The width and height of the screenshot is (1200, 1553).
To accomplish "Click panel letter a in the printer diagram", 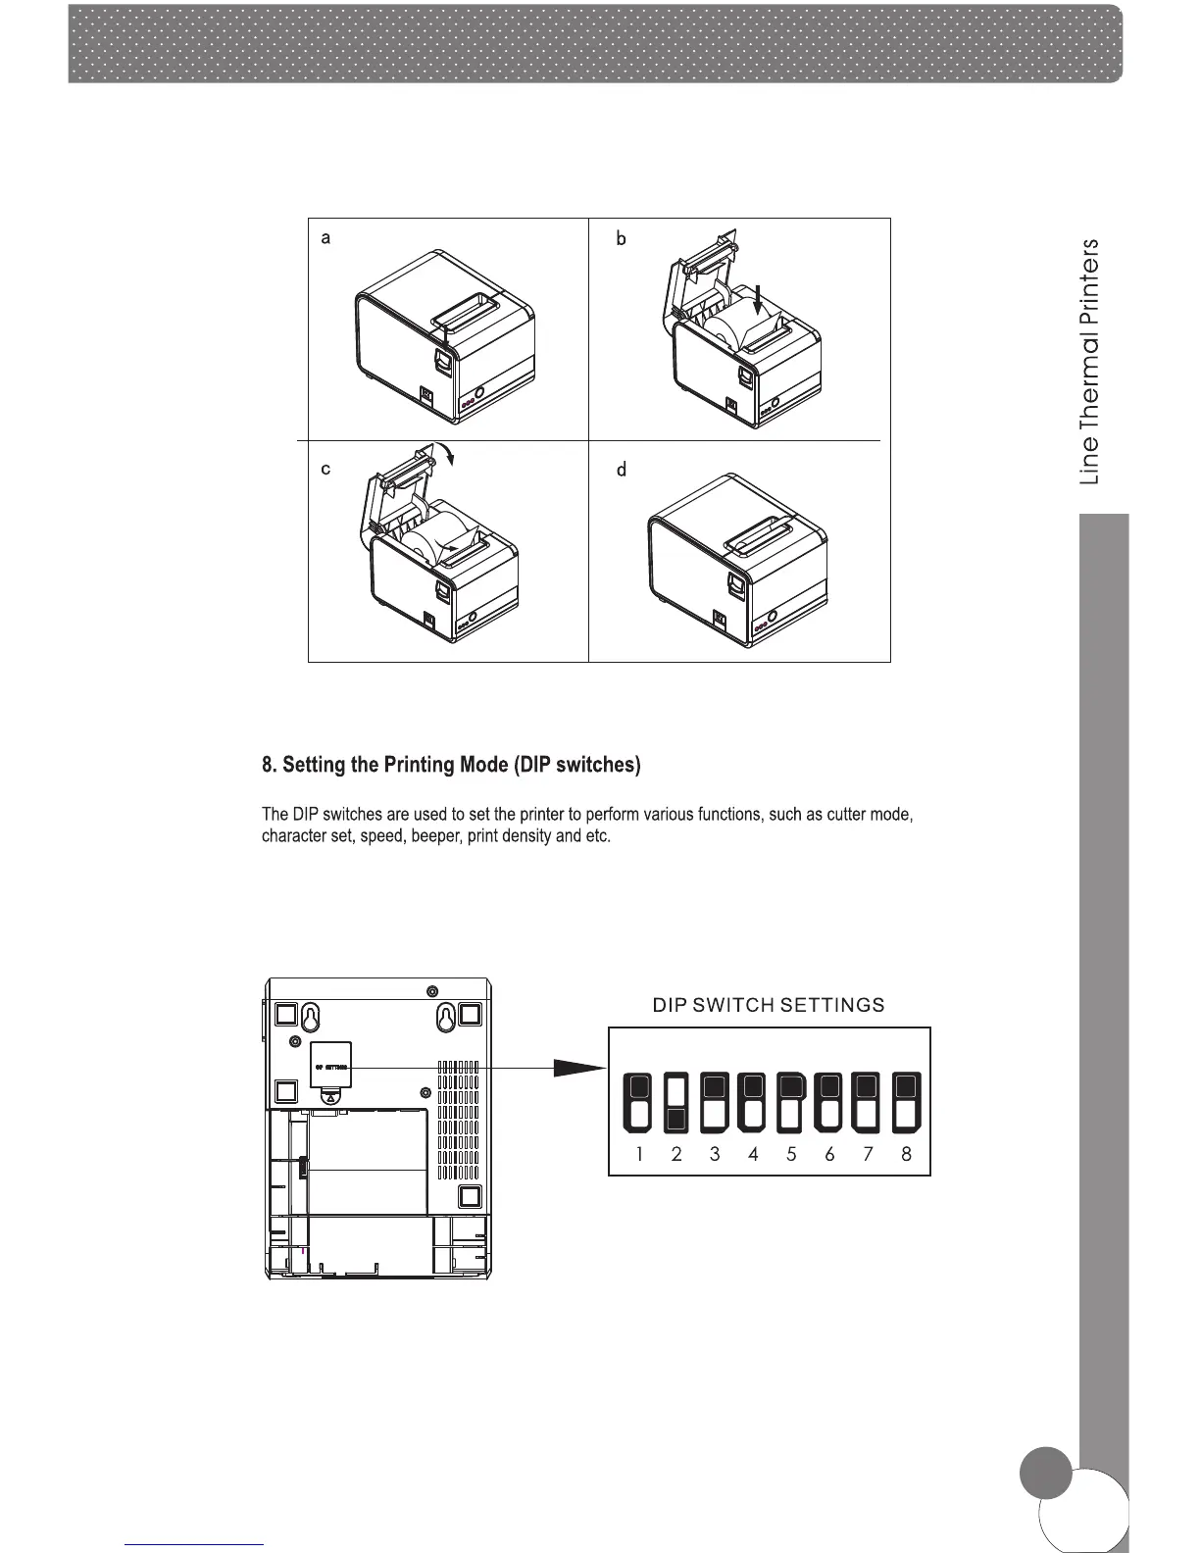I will (325, 238).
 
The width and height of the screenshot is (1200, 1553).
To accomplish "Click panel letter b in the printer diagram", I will (621, 238).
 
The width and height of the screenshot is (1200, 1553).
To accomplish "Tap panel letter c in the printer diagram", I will (325, 469).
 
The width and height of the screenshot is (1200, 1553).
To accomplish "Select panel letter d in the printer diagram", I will (621, 471).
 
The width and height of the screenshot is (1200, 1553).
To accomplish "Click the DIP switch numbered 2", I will (675, 1102).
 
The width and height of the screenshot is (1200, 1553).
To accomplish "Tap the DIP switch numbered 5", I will (791, 1102).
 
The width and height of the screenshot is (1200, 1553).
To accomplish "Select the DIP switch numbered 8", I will (906, 1102).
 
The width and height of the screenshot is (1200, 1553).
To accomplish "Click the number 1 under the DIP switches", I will (639, 1154).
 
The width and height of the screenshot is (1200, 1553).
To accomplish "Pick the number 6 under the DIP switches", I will (829, 1154).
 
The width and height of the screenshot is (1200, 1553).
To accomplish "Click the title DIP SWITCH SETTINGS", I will (769, 1005).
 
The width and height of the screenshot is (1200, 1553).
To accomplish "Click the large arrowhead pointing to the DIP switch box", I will (578, 1068).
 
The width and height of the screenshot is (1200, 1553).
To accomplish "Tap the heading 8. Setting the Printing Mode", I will (451, 765).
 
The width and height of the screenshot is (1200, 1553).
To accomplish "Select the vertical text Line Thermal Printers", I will (1089, 362).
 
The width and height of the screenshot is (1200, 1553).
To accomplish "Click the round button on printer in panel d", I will (772, 616).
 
